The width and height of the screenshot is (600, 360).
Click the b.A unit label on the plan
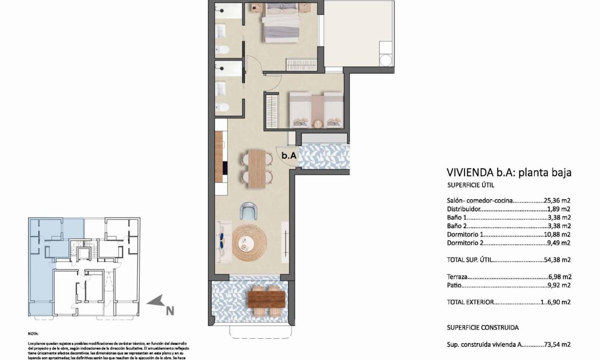pyautogui.click(x=288, y=156)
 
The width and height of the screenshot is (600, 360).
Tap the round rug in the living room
pyautogui.click(x=247, y=243)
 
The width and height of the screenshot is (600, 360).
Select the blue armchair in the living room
pyautogui.click(x=248, y=211)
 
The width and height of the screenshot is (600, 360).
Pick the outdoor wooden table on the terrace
pyautogui.click(x=266, y=300)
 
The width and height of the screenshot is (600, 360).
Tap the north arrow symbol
pyautogui.click(x=155, y=302)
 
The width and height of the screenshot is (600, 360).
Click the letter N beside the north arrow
pyautogui.click(x=170, y=311)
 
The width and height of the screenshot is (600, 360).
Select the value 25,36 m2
pyautogui.click(x=558, y=201)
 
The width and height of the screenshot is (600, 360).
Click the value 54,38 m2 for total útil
pyautogui.click(x=558, y=260)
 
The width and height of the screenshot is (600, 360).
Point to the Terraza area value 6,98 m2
pyautogui.click(x=560, y=277)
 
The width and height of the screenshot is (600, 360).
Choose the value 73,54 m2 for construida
pyautogui.click(x=558, y=345)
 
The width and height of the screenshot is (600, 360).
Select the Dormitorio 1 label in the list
pyautogui.click(x=466, y=234)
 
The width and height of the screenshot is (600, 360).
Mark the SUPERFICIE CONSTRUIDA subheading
pyautogui.click(x=483, y=328)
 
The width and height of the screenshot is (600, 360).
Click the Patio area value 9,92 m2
pyautogui.click(x=560, y=285)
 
